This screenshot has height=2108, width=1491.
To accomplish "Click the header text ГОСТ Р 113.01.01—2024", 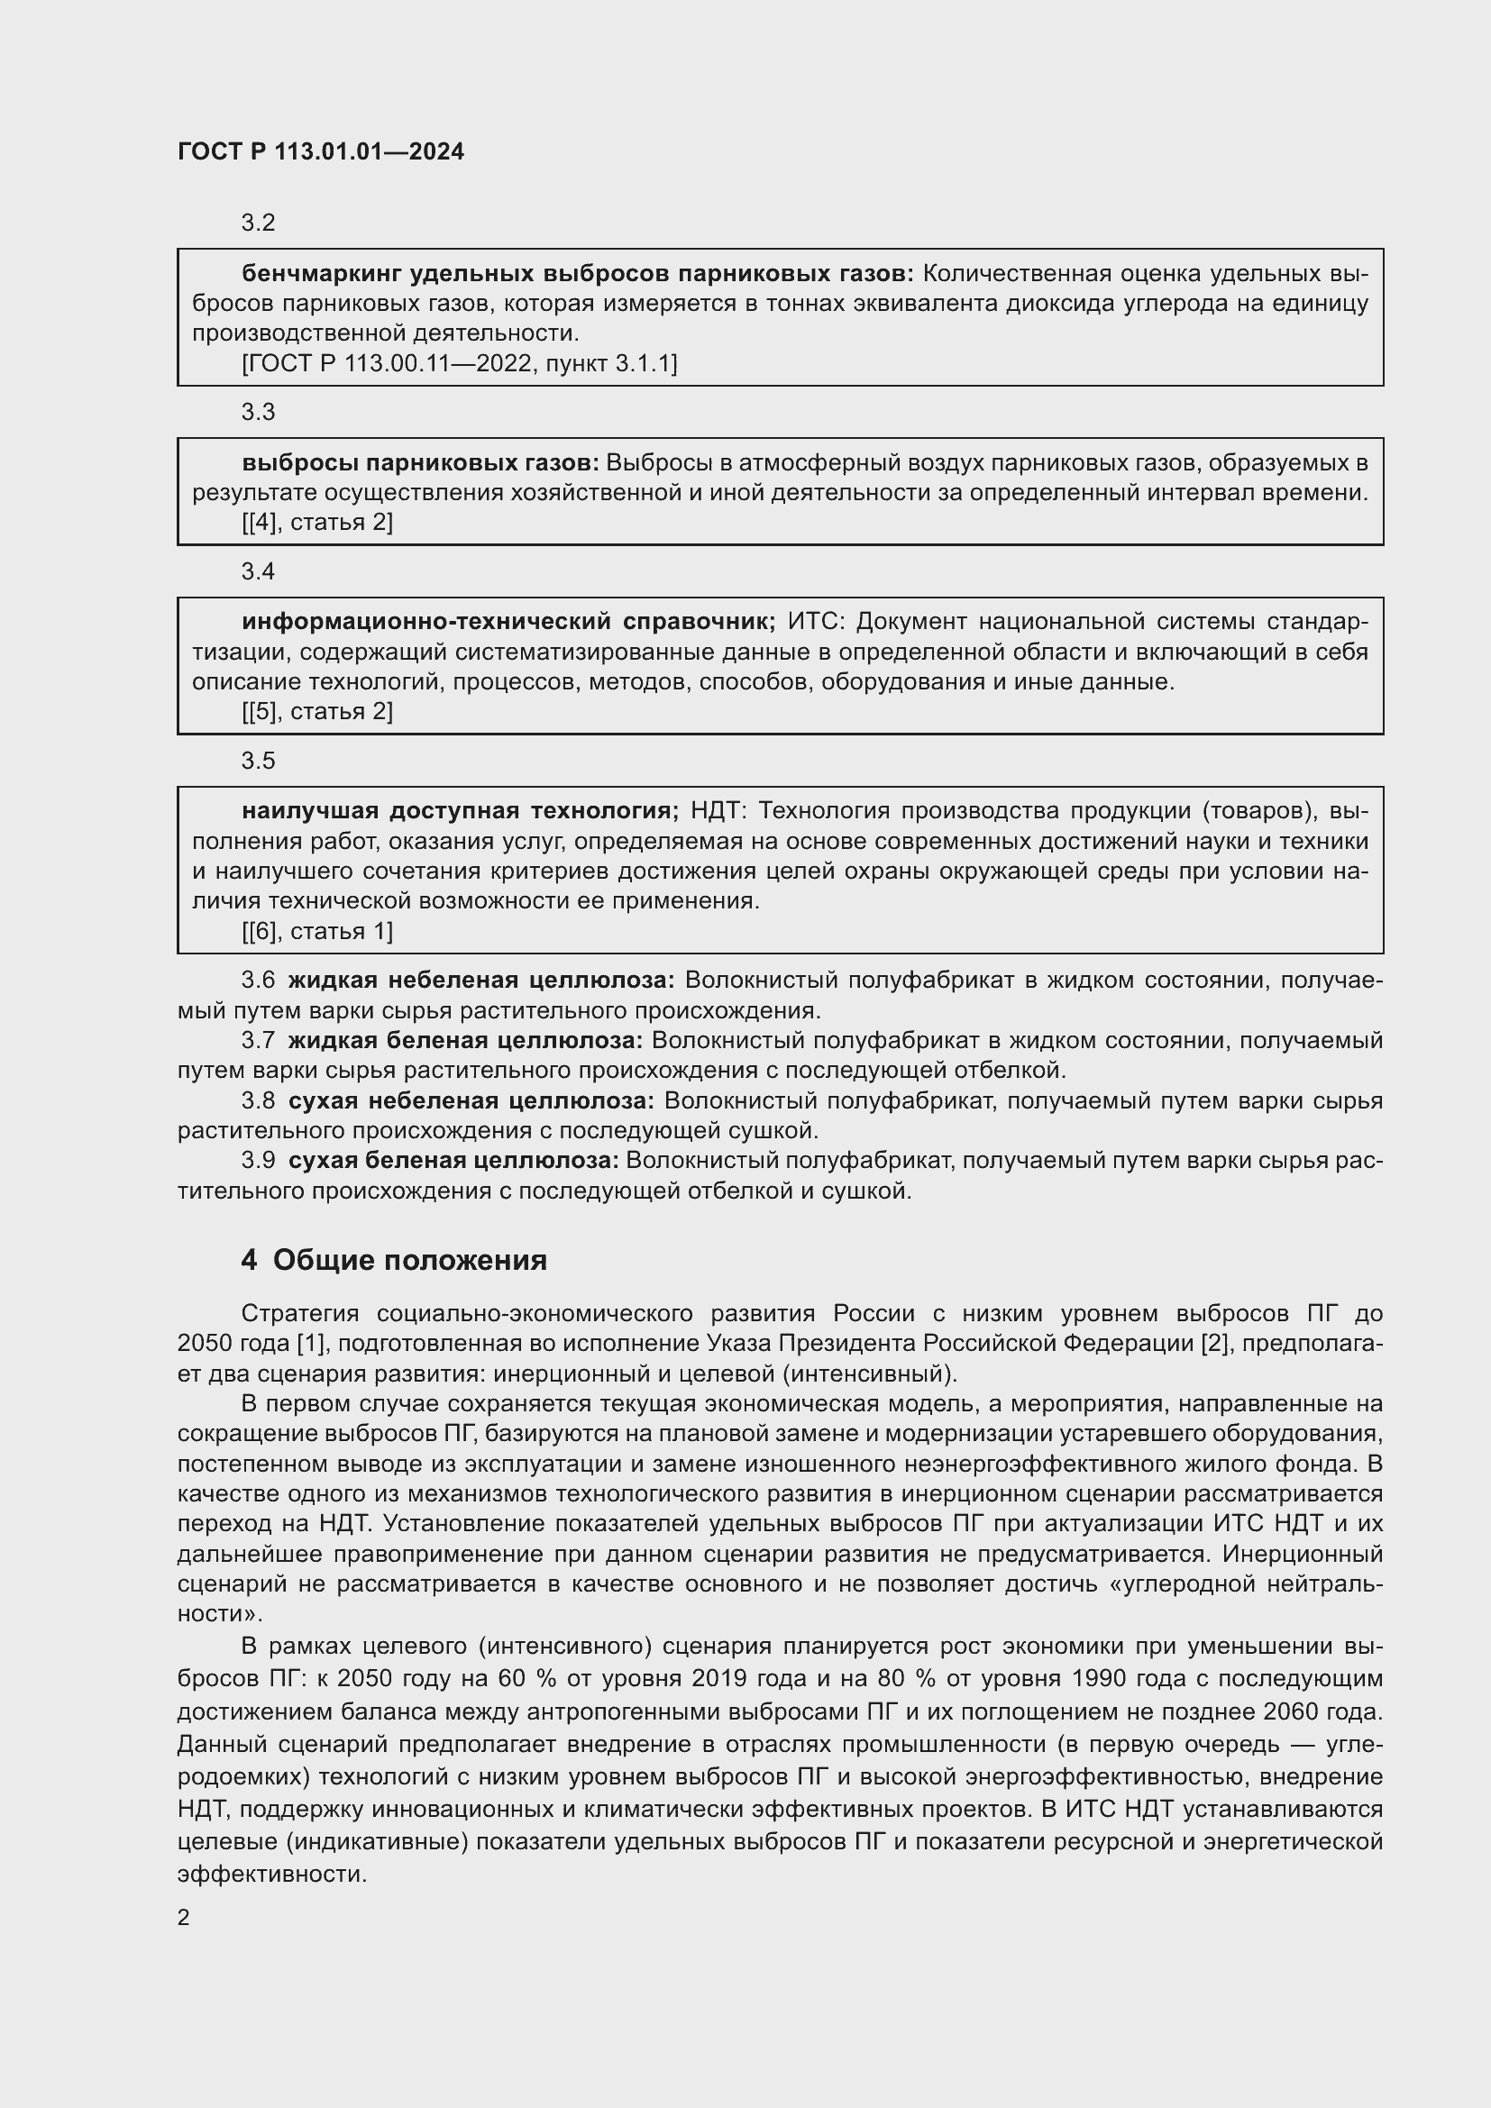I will pos(320,152).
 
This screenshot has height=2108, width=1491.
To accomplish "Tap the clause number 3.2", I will pos(258,224).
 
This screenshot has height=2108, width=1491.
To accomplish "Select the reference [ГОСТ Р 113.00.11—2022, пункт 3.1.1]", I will pos(459,363).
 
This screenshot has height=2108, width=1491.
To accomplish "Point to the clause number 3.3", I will pos(258,412).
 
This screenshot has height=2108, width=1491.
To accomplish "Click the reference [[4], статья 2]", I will pos(316,523).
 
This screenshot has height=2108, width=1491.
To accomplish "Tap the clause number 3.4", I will pos(258,572).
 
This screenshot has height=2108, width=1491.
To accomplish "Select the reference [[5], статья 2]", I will pos(316,712).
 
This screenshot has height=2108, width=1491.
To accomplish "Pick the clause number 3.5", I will pos(258,762).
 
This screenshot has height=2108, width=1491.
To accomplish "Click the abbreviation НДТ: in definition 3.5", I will pos(718,811).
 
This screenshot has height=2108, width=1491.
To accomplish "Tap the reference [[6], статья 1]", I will pos(316,932).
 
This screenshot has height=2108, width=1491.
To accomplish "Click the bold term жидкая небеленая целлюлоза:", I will pos(481,981).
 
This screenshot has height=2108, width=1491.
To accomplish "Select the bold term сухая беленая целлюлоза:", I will pos(453,1161).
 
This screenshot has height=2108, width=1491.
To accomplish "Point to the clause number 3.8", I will pos(258,1100).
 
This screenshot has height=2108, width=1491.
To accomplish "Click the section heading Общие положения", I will pos(409,1261).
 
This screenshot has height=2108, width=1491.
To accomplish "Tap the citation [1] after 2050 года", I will pos(307,1343).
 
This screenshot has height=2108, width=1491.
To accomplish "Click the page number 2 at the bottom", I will pos(184,1918).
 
